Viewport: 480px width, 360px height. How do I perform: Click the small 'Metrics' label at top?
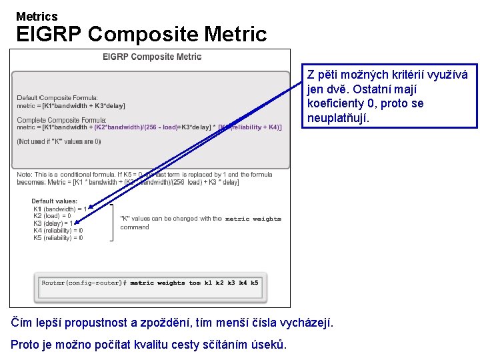[x=37, y=16]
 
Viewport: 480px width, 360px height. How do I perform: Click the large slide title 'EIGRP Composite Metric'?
[x=141, y=34]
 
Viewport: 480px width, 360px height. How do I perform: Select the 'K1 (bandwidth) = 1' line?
[x=60, y=209]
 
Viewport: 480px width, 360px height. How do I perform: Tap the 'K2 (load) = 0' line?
[x=52, y=216]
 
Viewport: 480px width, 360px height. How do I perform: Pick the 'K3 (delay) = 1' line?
[x=54, y=223]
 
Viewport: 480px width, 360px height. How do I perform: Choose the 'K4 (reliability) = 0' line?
[x=58, y=231]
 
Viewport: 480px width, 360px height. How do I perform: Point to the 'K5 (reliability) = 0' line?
[x=58, y=238]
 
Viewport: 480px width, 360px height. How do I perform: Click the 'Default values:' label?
[x=55, y=201]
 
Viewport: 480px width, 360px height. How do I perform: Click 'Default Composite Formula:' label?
[x=57, y=98]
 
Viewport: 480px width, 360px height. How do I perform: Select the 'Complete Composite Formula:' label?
[x=59, y=120]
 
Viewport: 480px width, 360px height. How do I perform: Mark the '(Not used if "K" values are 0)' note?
[x=59, y=141]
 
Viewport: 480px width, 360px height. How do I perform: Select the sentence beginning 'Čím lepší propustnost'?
[x=172, y=323]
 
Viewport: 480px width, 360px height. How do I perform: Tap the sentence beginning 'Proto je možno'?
[x=149, y=345]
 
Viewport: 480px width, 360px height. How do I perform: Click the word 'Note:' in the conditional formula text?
[x=25, y=175]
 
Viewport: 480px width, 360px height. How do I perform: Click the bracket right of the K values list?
[x=111, y=223]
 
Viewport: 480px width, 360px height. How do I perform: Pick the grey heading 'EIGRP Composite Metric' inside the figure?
[x=152, y=57]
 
